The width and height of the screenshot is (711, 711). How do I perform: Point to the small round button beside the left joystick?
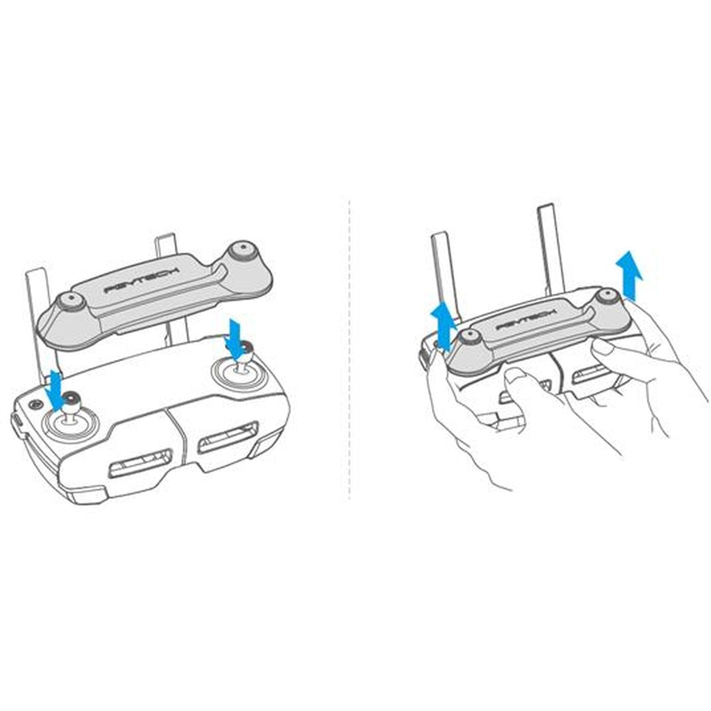[33, 404]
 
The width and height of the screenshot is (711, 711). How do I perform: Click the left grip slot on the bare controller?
[141, 462]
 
